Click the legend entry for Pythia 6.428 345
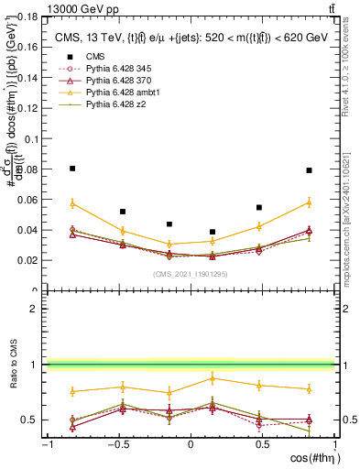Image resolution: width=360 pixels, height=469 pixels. (x=115, y=69)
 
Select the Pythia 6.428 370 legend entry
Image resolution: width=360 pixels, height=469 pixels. (x=115, y=82)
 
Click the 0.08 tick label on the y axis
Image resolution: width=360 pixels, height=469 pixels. (x=27, y=169)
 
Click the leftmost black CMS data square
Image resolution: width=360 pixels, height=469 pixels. (x=72, y=169)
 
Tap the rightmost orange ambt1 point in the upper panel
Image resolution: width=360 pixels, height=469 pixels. (x=310, y=202)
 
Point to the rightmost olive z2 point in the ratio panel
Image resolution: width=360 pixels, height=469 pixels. (x=310, y=431)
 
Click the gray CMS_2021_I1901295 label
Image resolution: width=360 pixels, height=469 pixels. (x=191, y=273)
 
